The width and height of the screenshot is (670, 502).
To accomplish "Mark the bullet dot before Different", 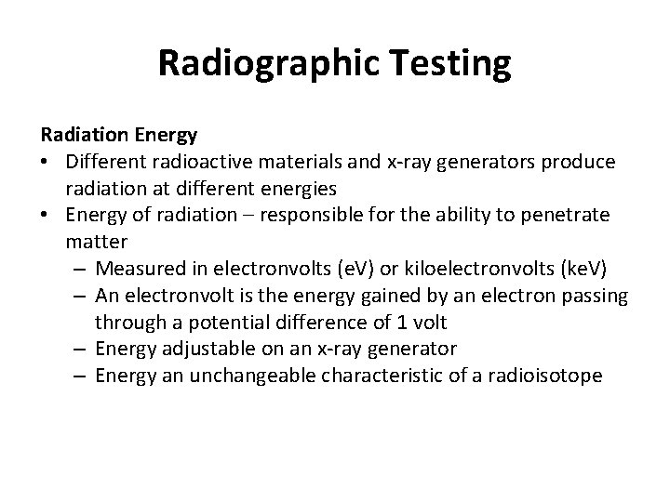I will point(46,162).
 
